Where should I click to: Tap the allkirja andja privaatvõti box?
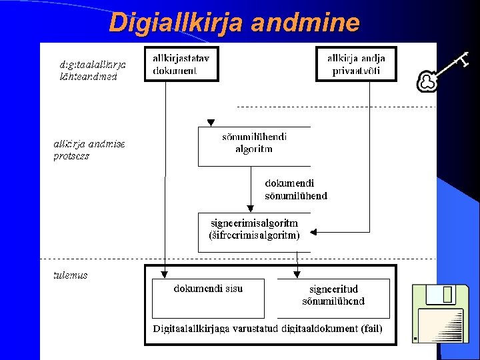pyautogui.click(x=356, y=64)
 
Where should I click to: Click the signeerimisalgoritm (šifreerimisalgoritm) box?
pyautogui.click(x=254, y=229)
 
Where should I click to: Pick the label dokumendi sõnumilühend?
pyautogui.click(x=296, y=189)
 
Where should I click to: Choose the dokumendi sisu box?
pyautogui.click(x=208, y=297)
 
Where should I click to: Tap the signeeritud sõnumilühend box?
pyautogui.click(x=333, y=297)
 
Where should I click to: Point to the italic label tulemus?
pyautogui.click(x=71, y=275)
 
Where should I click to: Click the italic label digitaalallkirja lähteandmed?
pyautogui.click(x=93, y=71)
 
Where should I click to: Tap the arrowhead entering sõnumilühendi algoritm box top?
pyautogui.click(x=211, y=123)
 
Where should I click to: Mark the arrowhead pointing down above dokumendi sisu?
pyautogui.click(x=164, y=273)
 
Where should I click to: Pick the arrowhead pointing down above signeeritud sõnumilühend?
pyautogui.click(x=297, y=273)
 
